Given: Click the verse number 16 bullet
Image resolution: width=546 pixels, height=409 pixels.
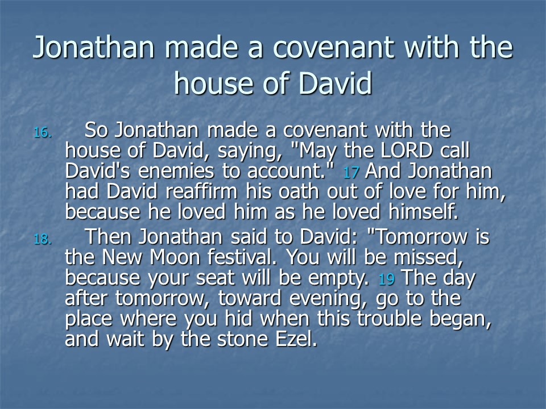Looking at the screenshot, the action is point(43,132).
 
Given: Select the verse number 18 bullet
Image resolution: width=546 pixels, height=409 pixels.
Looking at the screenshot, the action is point(43,239).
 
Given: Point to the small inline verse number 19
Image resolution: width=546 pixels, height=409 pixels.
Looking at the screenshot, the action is point(386,279).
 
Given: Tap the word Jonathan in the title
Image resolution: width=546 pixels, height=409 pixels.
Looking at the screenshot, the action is point(93,48).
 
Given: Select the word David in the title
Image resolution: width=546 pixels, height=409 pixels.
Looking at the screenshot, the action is point(335,84).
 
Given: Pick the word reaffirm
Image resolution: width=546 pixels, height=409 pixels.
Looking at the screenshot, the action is point(201,191).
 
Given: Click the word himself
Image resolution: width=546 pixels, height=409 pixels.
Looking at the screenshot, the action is point(423,212).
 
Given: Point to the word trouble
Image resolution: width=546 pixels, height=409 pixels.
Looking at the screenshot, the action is point(389,319).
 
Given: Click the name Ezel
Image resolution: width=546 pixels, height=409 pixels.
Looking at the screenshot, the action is point(296,339).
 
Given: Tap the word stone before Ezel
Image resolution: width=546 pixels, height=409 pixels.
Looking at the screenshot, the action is point(242,339).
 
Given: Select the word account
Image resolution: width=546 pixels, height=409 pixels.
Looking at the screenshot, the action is point(286,172).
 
